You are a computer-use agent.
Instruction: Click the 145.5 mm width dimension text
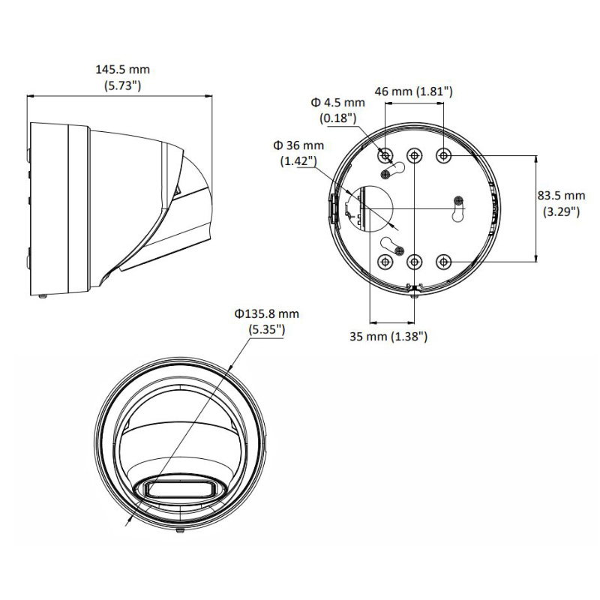pos(122,69)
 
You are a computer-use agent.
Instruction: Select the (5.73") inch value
pos(122,85)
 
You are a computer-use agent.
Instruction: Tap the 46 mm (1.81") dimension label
pos(413,91)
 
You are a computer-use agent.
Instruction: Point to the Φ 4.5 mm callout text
pos(338,102)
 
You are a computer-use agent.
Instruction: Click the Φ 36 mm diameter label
pos(298,145)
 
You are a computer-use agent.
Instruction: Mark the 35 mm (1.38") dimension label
pos(388,337)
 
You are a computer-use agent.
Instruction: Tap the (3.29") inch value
pos(561,211)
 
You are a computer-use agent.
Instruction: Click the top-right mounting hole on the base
pos(444,155)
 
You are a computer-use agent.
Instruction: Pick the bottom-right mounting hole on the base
pos(444,262)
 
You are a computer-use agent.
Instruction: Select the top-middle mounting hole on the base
pos(414,155)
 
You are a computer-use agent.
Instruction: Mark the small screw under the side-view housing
pos(43,297)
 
